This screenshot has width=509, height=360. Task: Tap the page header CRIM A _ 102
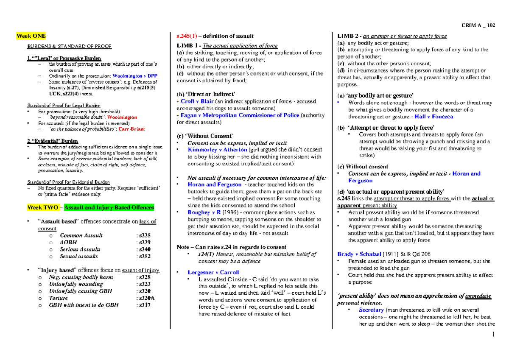tap(478, 25)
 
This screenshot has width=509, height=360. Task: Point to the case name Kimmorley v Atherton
tap(217, 150)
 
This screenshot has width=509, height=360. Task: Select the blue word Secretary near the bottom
tap(371, 310)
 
